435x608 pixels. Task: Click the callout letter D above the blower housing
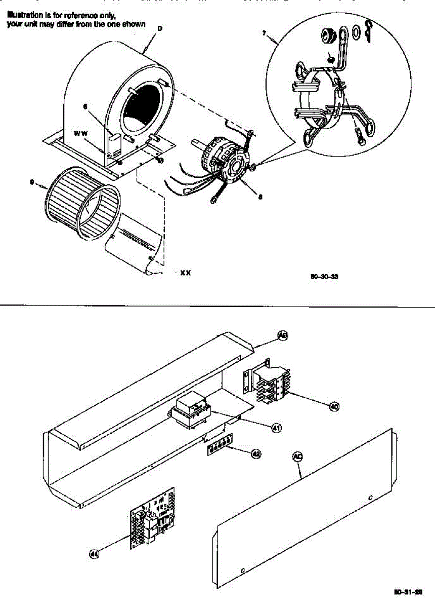click(160, 28)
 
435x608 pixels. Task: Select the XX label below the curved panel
click(186, 273)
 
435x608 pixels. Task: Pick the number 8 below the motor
click(260, 198)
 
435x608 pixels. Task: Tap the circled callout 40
click(334, 406)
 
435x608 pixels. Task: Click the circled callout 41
click(277, 428)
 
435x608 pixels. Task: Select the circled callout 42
click(256, 454)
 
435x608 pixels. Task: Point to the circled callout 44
click(94, 554)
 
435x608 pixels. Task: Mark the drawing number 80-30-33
click(324, 277)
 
